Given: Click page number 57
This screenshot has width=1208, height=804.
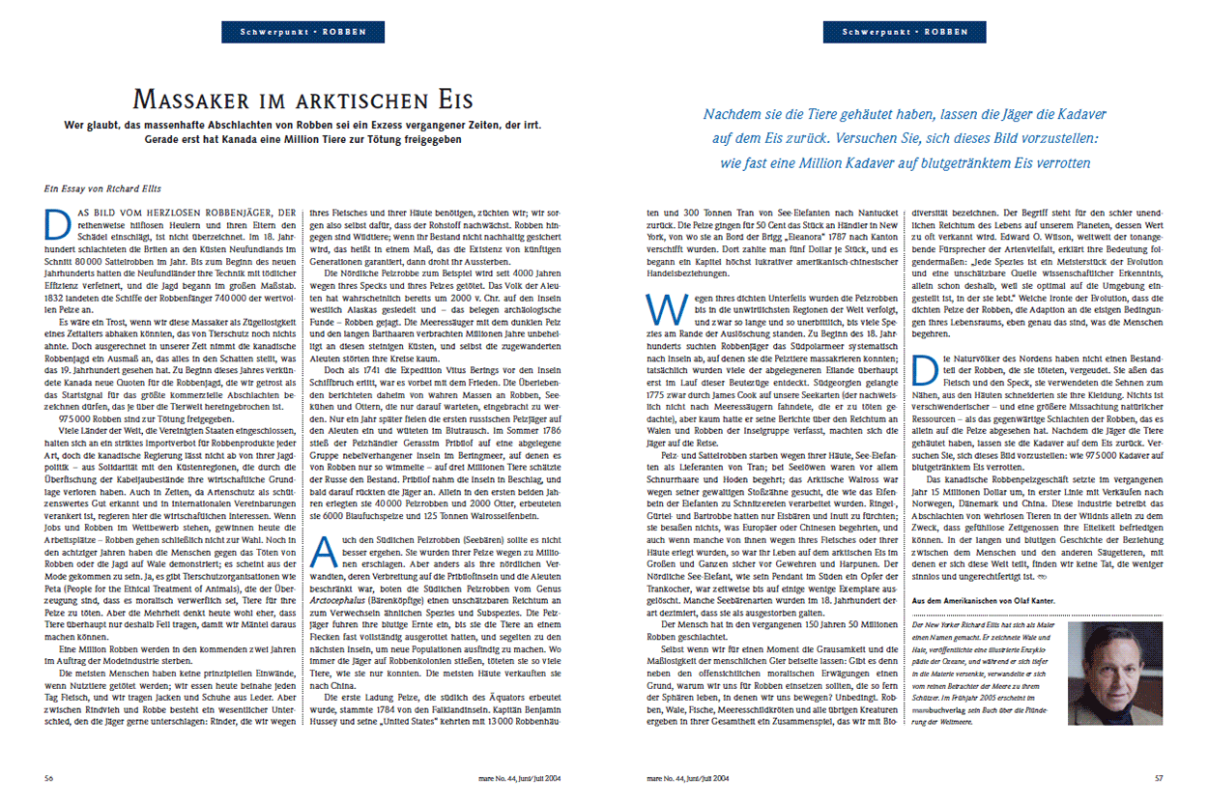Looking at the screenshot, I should click(1160, 776).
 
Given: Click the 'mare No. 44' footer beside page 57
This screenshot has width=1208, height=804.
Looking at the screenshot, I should click(687, 776).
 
